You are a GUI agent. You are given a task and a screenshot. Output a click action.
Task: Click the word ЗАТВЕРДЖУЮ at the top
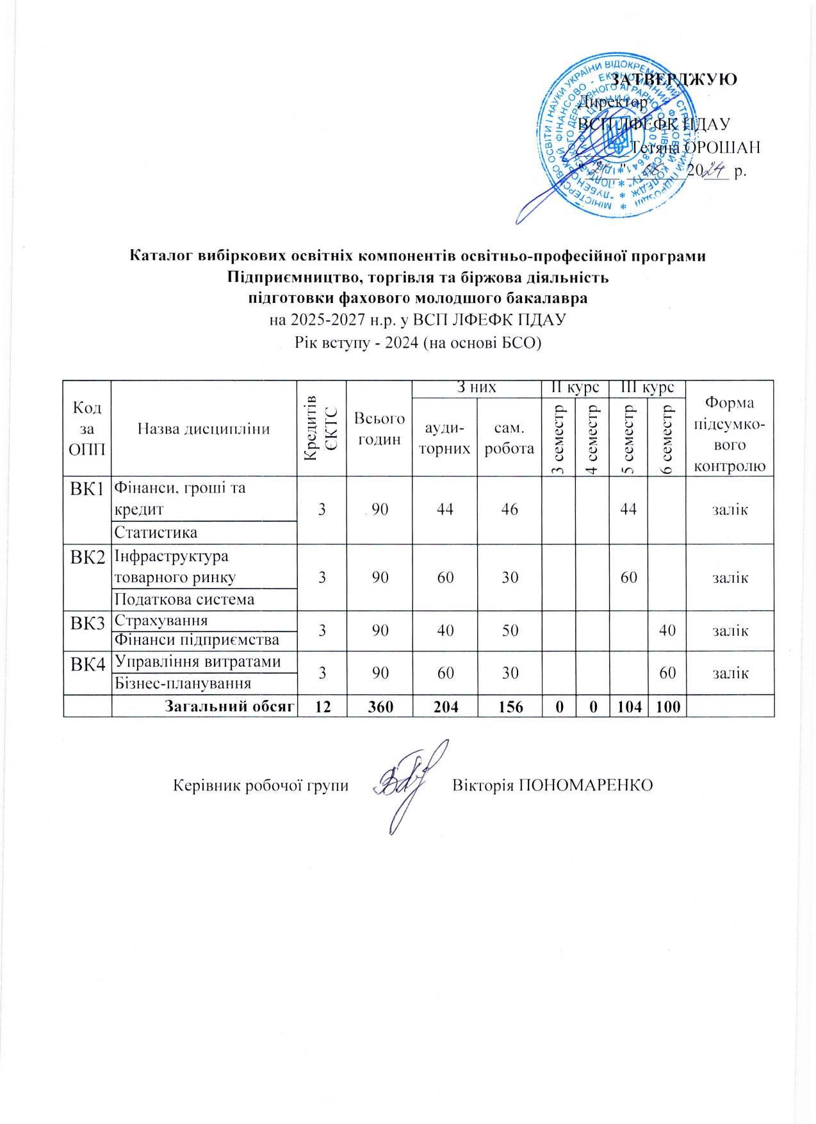[673, 79]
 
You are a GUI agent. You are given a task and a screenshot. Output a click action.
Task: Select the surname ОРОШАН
[722, 147]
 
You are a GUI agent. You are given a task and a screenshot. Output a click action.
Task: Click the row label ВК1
[87, 489]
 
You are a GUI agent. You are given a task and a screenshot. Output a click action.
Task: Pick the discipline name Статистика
[156, 532]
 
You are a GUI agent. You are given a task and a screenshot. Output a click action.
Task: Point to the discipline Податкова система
[184, 599]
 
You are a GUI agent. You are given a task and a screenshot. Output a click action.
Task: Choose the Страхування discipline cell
[161, 621]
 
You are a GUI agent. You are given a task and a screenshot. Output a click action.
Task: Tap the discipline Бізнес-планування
[183, 683]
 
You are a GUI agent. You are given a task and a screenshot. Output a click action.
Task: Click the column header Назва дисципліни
[204, 429]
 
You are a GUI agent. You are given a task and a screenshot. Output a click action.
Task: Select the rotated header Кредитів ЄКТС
[322, 428]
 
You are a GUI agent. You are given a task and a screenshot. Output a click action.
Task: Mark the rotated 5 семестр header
[628, 439]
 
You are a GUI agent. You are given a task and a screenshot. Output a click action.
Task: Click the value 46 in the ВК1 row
[509, 509]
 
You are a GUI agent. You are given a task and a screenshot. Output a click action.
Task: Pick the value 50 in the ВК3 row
[510, 631]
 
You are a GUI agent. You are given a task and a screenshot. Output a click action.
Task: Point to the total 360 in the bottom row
[380, 706]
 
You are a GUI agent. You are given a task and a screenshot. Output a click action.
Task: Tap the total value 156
[510, 706]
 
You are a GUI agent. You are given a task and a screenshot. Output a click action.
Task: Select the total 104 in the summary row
[629, 706]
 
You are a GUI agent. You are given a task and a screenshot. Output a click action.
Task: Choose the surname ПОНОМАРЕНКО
[585, 785]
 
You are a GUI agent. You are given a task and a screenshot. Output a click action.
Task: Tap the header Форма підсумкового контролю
[730, 434]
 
